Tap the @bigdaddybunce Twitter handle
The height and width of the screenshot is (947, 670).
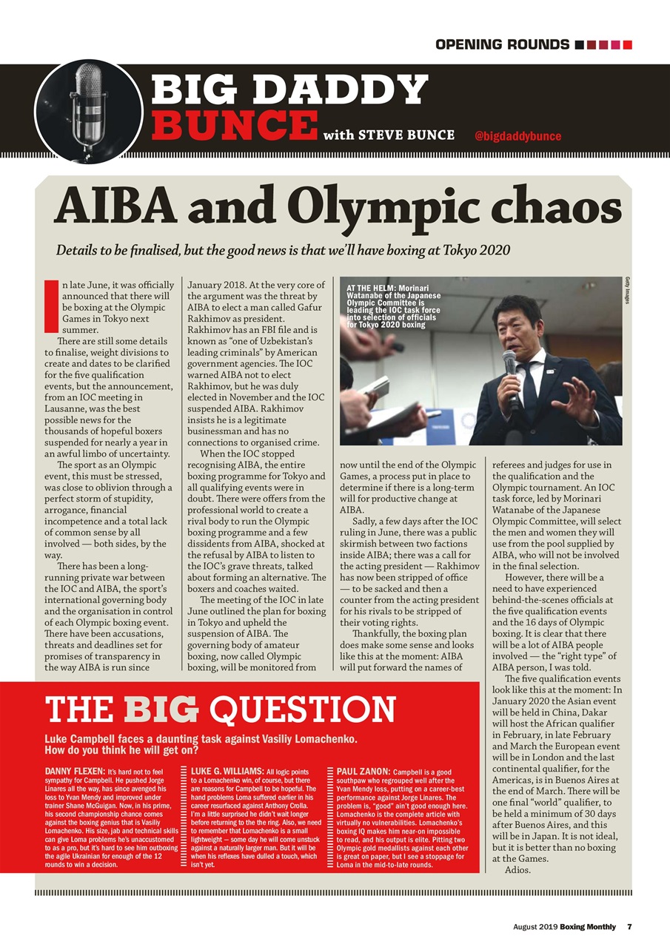517,136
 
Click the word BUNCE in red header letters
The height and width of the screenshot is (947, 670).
235,124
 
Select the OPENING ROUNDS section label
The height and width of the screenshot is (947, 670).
502,44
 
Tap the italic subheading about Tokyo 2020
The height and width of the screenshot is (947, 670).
283,249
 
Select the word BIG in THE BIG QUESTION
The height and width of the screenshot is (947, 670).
161,710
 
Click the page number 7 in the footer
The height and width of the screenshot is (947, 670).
629,927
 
